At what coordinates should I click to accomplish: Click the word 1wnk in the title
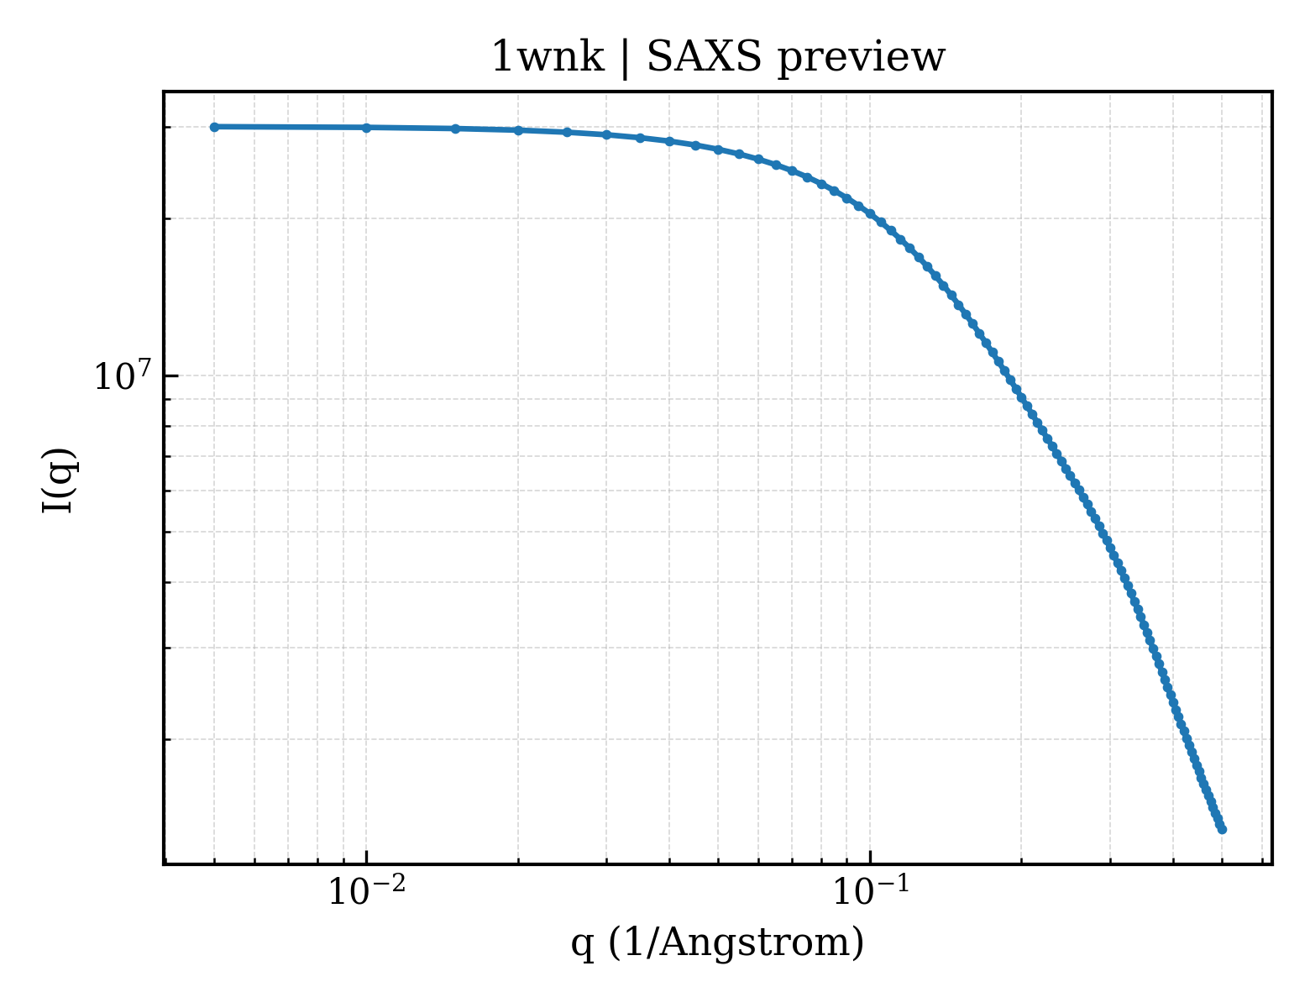coord(548,57)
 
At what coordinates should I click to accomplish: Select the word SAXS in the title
coord(705,57)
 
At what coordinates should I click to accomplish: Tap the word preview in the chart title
coord(861,59)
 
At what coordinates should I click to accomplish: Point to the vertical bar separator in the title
coord(625,59)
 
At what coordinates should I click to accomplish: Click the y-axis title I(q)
coord(58,480)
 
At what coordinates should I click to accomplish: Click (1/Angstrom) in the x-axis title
coord(736,942)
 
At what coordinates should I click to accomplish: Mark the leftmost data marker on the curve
coord(214,127)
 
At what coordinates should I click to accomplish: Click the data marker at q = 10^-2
coord(366,127)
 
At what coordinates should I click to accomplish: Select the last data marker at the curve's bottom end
coord(1222,830)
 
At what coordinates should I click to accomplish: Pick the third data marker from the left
coord(455,129)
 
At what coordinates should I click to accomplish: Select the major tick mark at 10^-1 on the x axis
coord(870,857)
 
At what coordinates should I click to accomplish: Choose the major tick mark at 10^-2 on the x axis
coord(366,857)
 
